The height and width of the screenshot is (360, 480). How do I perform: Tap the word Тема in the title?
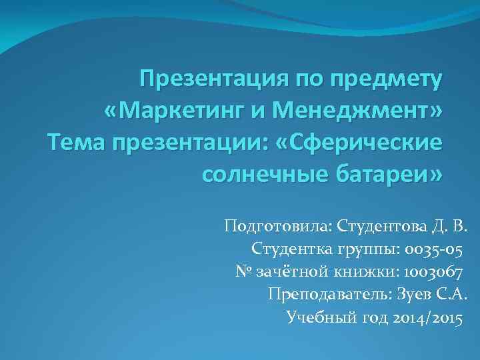71,142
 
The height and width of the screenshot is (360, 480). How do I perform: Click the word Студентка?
289,249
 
